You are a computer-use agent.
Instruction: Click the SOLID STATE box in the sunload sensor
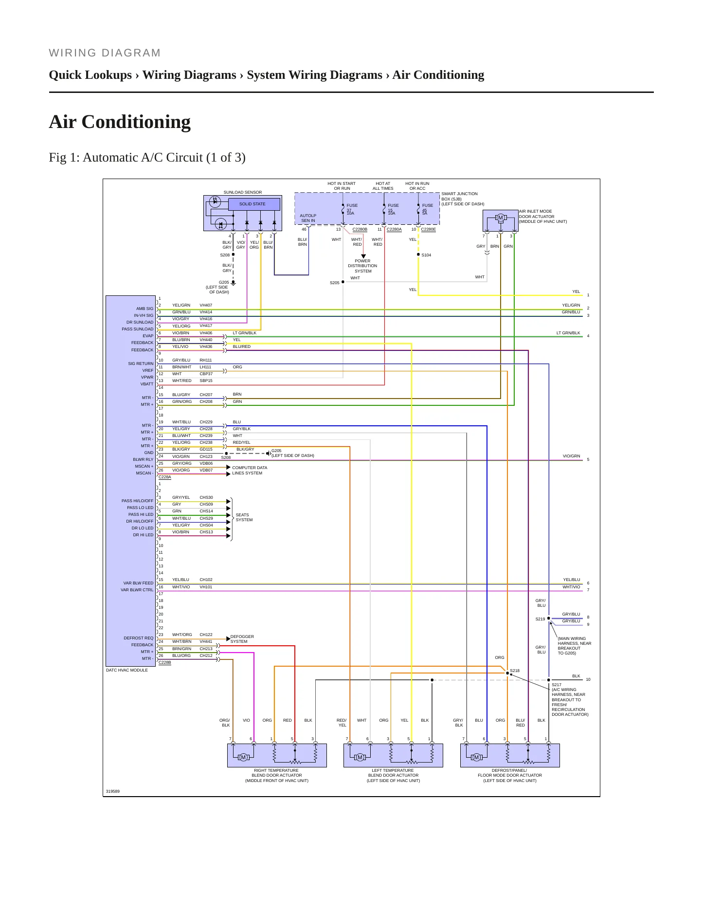click(252, 204)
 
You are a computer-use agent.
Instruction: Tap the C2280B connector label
click(360, 229)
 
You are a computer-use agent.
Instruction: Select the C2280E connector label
click(428, 229)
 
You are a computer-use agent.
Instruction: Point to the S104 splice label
click(426, 255)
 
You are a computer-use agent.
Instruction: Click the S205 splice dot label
click(335, 283)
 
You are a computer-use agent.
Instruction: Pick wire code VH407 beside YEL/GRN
click(206, 305)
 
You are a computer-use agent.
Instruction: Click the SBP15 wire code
click(206, 381)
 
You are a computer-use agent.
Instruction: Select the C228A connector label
click(165, 477)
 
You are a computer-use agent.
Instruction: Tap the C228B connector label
click(165, 662)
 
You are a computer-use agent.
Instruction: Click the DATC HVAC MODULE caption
click(127, 670)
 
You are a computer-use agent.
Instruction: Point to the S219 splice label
click(540, 619)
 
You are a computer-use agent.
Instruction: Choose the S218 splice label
click(515, 671)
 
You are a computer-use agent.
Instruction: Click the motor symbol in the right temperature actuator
click(243, 757)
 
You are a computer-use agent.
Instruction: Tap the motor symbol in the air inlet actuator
click(501, 218)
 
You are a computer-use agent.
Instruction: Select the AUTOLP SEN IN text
click(308, 218)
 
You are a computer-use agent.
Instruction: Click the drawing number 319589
click(113, 791)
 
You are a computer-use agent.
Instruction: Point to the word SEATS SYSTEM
click(244, 517)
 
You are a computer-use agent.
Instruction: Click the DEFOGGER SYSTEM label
click(242, 639)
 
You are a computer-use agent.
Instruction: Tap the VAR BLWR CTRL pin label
click(137, 590)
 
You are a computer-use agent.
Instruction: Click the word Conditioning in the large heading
click(136, 122)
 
